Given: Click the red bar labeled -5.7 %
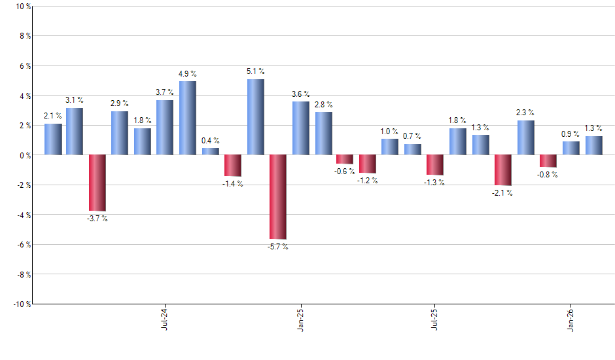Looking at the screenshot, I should point(278,197).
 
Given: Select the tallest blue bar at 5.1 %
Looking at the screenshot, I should point(255,117).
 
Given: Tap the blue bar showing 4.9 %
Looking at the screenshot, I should point(188,118).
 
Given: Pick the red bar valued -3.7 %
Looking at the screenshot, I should point(97,183).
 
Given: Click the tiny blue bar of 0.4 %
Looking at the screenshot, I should point(210,151).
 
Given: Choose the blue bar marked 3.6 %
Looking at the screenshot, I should point(300,128).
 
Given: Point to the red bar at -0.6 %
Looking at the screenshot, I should point(345,159).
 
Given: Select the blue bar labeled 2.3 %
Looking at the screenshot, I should point(525,137).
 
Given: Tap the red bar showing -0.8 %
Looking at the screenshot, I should point(548,161).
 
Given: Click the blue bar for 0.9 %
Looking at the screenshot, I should point(571,148).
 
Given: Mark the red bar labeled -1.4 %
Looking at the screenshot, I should point(233,166).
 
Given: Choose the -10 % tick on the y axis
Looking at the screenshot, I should point(21,304).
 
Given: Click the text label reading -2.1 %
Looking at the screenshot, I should point(502,193).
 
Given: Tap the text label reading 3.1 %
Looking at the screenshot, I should point(74,100).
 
